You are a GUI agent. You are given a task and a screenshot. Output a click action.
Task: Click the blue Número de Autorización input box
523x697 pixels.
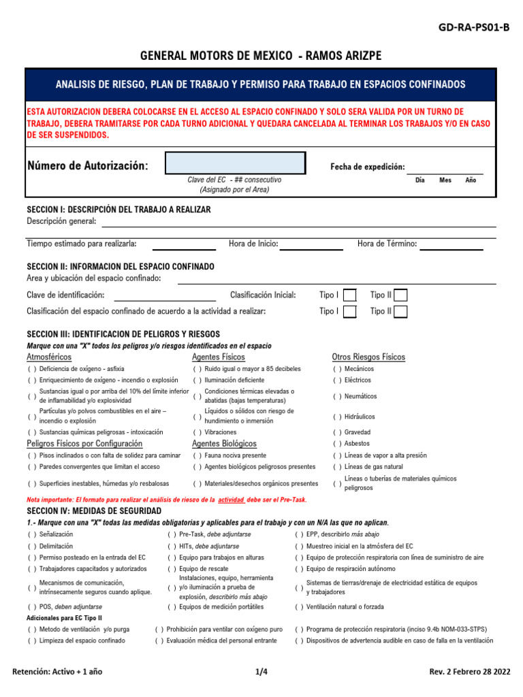[x=236, y=163]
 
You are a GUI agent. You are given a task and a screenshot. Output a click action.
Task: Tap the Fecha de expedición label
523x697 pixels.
[x=367, y=167]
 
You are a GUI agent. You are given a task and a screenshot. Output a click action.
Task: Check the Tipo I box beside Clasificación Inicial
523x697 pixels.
[x=349, y=295]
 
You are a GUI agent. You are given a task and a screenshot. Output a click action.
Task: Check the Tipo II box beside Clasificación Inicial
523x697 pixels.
[x=401, y=295]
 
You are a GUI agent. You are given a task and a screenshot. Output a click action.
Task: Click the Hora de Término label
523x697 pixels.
[x=387, y=244]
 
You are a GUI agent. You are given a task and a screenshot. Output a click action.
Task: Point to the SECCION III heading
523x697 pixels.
[x=123, y=334]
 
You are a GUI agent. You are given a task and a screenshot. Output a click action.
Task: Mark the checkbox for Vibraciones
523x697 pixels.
[x=197, y=432]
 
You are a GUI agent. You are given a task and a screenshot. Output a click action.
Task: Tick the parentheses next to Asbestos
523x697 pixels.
[x=337, y=444]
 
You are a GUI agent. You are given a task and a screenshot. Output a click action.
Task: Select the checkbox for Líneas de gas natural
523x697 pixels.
[x=337, y=467]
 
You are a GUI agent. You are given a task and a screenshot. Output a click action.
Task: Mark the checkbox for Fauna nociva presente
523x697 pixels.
[x=197, y=455]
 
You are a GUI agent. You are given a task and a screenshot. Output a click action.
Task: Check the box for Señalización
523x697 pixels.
[x=32, y=534]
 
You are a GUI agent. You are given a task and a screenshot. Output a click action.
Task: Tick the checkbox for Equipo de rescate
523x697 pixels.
[x=172, y=569]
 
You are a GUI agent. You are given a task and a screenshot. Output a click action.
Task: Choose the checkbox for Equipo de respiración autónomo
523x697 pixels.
[x=299, y=569]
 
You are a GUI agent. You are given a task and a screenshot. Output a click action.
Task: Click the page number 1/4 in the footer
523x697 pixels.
[x=261, y=672]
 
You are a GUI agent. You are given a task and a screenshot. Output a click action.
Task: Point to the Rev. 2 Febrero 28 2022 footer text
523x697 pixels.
[x=469, y=672]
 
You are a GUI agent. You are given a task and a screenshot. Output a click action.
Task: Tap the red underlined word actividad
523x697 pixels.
[x=230, y=500]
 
